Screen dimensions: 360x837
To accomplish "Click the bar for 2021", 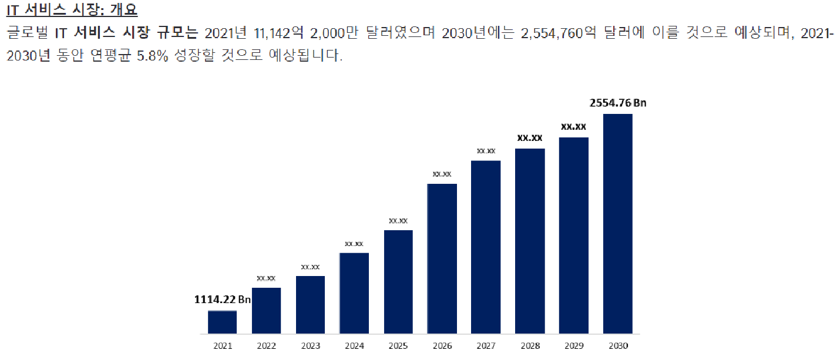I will [x=222, y=322].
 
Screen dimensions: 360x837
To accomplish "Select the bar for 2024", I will [x=354, y=293].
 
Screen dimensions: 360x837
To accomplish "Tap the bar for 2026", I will [x=442, y=258].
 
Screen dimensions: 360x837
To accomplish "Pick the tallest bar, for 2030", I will [x=617, y=224].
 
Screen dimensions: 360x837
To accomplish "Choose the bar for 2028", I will [x=530, y=241].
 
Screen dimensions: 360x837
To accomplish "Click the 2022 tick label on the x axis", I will [x=266, y=346].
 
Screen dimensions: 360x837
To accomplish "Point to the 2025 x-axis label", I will [x=398, y=346].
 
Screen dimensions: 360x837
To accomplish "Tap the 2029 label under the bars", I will [x=573, y=346].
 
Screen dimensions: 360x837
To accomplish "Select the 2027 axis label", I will [x=486, y=346].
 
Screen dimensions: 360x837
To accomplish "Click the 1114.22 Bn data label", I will [x=223, y=300].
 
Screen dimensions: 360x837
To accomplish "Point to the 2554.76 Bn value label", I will [x=617, y=103].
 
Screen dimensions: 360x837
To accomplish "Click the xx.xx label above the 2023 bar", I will [x=310, y=267].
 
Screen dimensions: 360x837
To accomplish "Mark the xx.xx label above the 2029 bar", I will [x=573, y=126].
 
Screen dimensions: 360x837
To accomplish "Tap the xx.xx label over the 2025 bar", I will [x=398, y=221].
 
